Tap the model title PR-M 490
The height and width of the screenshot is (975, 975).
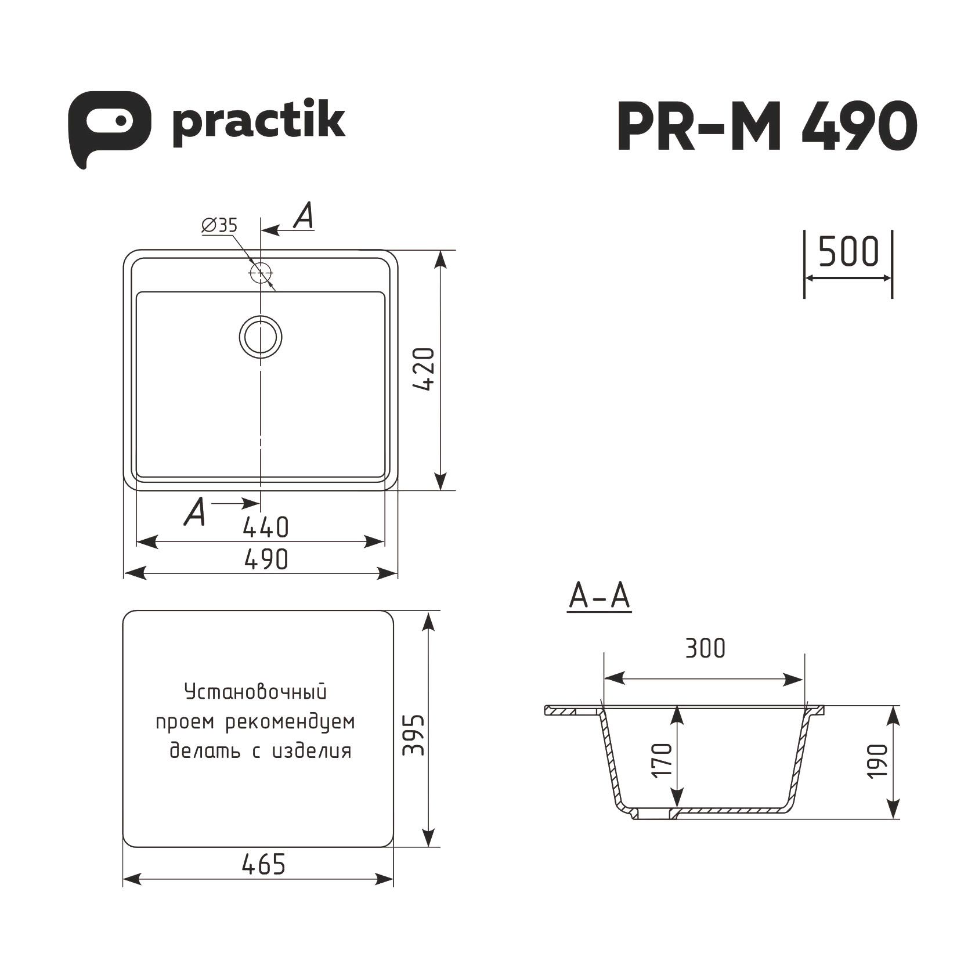(x=766, y=125)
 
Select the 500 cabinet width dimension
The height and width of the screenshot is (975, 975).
(x=848, y=252)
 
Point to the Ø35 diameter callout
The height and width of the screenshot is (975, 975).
(x=219, y=225)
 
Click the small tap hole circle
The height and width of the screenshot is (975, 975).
(x=261, y=273)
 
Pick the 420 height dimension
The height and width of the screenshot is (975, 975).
(x=425, y=369)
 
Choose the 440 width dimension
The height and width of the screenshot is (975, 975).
(x=265, y=527)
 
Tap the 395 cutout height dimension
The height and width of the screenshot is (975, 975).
(x=414, y=735)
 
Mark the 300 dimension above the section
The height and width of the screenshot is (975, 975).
(x=705, y=648)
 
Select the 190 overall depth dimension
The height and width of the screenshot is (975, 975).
(x=880, y=760)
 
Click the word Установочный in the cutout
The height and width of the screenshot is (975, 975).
(x=255, y=692)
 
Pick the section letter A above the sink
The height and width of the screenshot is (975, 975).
(x=304, y=218)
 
